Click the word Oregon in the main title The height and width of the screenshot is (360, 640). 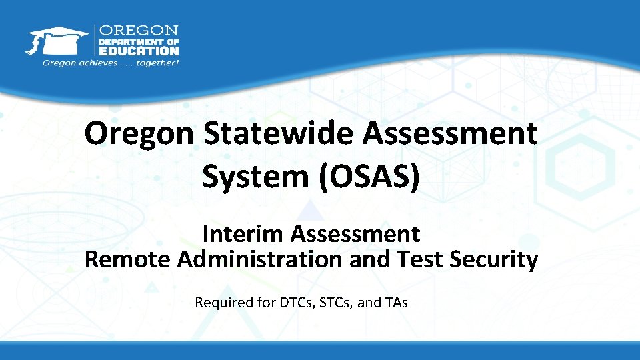click(138, 134)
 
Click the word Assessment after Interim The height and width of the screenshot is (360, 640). click(355, 234)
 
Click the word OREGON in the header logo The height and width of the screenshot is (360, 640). click(139, 31)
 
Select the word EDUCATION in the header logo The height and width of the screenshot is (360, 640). click(139, 50)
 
